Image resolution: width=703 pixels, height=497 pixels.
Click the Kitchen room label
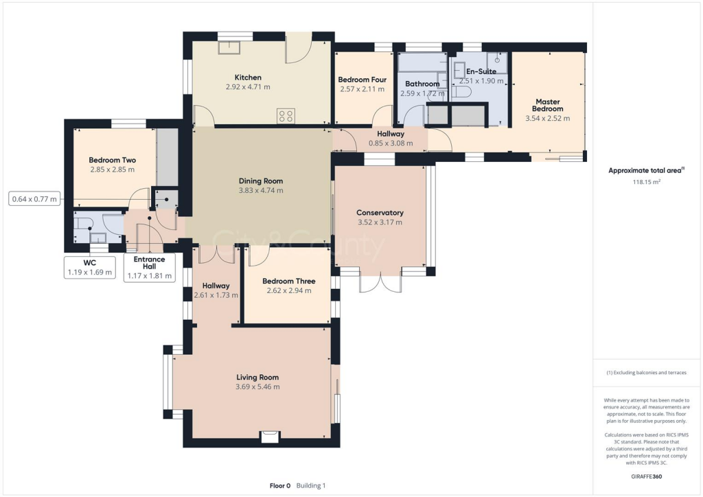[248, 78]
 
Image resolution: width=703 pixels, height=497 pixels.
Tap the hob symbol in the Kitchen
[286, 115]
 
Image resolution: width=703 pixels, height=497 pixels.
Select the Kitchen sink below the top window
[229, 47]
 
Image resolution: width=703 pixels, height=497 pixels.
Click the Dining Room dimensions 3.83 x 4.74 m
[261, 190]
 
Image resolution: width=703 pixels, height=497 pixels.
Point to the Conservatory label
[380, 213]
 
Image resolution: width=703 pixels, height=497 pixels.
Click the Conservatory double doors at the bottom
[380, 281]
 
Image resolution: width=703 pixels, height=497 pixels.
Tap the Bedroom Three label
[289, 281]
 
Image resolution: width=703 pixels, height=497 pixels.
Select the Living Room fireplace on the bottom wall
[270, 437]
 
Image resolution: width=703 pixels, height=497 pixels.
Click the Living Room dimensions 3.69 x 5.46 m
[258, 386]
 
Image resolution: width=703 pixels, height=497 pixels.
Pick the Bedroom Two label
[112, 160]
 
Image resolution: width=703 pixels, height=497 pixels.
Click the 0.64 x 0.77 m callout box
[34, 199]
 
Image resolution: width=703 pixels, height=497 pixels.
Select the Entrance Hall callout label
[149, 263]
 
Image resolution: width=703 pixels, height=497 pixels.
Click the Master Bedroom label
[547, 105]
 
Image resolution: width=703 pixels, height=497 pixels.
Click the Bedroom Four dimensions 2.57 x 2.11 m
[362, 89]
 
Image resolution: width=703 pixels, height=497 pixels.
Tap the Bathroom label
[422, 84]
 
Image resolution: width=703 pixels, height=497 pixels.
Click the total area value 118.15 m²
[647, 182]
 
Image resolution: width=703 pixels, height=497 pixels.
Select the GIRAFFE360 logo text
[647, 476]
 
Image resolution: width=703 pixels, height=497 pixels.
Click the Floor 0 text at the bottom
[280, 485]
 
